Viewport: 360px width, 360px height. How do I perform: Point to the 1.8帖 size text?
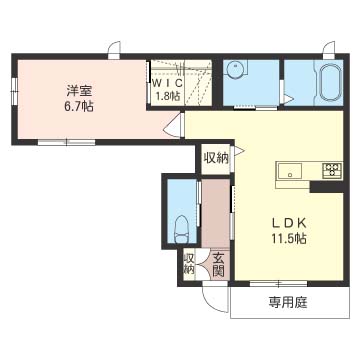tap(166, 97)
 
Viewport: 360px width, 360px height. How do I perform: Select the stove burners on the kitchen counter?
tap(329, 170)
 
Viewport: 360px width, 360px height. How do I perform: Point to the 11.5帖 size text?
tap(286, 240)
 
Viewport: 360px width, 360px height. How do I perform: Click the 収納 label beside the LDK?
tap(215, 157)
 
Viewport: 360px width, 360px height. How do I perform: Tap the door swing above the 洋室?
tap(114, 46)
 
